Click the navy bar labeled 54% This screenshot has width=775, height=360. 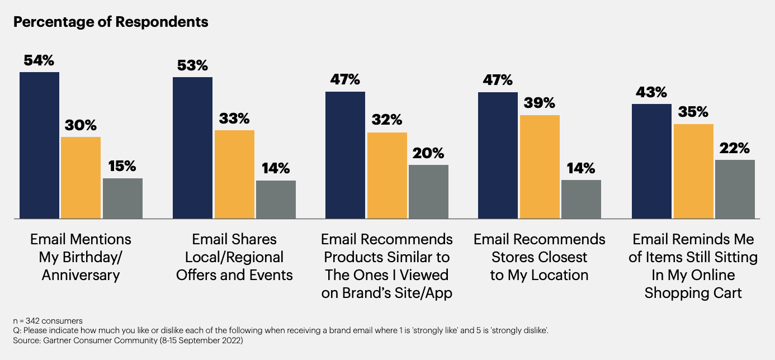(39, 145)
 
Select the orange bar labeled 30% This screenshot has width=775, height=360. (81, 178)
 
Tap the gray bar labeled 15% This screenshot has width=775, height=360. (122, 198)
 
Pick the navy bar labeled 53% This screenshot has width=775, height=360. (192, 148)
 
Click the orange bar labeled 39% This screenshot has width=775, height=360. (540, 167)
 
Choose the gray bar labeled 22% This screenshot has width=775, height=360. (735, 189)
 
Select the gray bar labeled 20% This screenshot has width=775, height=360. (428, 192)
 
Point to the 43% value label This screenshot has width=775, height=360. (651, 92)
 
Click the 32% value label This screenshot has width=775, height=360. (386, 120)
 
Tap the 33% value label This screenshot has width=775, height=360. (234, 119)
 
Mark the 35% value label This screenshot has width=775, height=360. (693, 112)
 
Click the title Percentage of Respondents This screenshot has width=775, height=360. (111, 22)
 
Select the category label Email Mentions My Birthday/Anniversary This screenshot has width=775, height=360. (81, 257)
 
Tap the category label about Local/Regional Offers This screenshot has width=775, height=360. (234, 257)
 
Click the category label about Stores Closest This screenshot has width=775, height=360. (540, 257)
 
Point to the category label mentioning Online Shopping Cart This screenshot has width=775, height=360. (693, 266)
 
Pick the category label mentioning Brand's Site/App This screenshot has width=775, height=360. (387, 266)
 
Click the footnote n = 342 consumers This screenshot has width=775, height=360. (48, 321)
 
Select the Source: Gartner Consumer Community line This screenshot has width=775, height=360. (127, 340)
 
